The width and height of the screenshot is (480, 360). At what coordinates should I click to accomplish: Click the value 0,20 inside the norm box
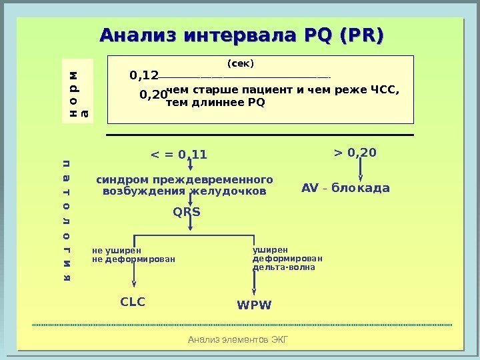point(153,95)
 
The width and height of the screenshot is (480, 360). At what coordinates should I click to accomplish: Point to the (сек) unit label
point(241,64)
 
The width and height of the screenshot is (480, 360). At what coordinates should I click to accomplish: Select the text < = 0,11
point(179,155)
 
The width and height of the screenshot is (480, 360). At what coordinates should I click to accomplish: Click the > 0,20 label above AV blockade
point(355,153)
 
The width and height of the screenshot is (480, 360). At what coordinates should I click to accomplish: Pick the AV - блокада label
point(345,189)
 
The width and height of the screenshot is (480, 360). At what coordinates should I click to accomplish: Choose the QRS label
point(187,212)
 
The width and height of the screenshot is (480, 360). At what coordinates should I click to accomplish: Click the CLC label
point(133,302)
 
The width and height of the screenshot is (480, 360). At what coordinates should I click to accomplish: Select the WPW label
point(255,305)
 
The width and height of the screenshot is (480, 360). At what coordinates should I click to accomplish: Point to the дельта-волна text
point(283,267)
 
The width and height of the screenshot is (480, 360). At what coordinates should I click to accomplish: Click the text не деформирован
point(133,259)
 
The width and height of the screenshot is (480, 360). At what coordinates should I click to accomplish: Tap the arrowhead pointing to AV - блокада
point(361,177)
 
